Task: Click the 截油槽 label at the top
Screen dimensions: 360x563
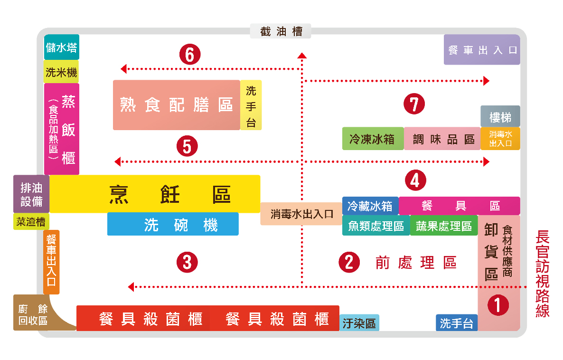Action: tap(281, 32)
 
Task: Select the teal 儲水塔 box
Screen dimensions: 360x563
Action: tap(61, 47)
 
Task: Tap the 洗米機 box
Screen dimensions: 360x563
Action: tap(61, 72)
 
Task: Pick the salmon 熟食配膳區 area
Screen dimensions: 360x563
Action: tap(176, 105)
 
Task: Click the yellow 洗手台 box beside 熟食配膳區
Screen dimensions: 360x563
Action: tap(251, 105)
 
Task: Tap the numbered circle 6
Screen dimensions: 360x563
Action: tap(190, 55)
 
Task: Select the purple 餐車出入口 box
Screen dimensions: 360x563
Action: tap(482, 50)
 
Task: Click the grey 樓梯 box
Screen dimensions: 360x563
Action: tap(500, 116)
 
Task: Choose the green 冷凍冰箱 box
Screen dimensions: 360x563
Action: tap(373, 139)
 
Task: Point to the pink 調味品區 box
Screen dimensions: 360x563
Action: tap(442, 139)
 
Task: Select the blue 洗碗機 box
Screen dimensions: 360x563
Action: tap(173, 224)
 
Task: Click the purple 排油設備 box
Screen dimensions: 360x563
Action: tap(31, 194)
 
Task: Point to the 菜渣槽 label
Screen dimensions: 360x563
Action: tap(31, 222)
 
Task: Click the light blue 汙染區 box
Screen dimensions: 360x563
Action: tap(359, 323)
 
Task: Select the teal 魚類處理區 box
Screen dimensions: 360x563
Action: tap(376, 226)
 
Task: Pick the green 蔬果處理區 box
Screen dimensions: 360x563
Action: tap(444, 226)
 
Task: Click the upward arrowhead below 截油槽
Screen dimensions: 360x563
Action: tap(302, 56)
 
